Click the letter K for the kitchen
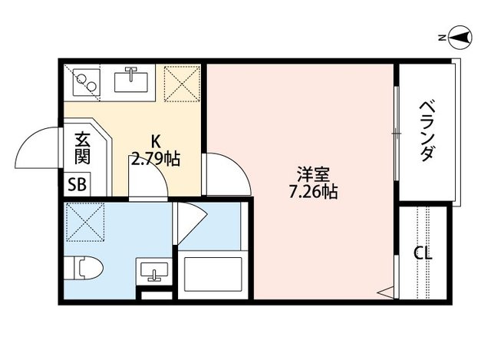[155, 142]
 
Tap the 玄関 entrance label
[82, 149]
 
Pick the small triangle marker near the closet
[385, 292]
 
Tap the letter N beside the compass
[442, 36]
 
